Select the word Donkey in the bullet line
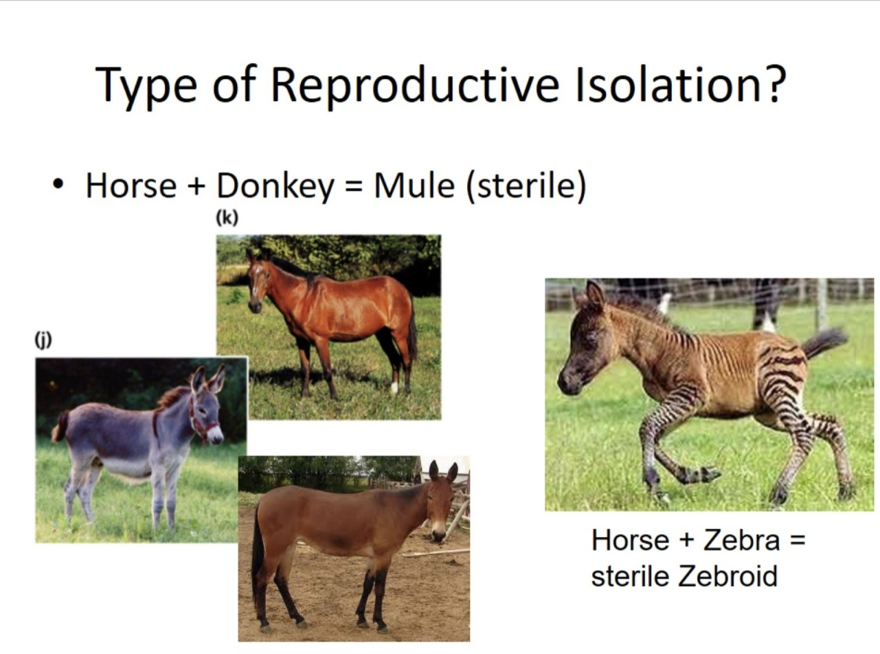coord(275,186)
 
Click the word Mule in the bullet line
coord(414,186)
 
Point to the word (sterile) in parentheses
coord(526,186)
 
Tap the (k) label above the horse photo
coord(227,218)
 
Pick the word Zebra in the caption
coord(742,541)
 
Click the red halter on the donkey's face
coord(202,422)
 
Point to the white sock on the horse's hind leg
coord(394,386)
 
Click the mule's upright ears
coord(442,471)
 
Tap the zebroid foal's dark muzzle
coord(567,382)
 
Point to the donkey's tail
coord(60,428)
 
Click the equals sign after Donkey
coord(354,188)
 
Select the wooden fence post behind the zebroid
coord(820,302)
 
